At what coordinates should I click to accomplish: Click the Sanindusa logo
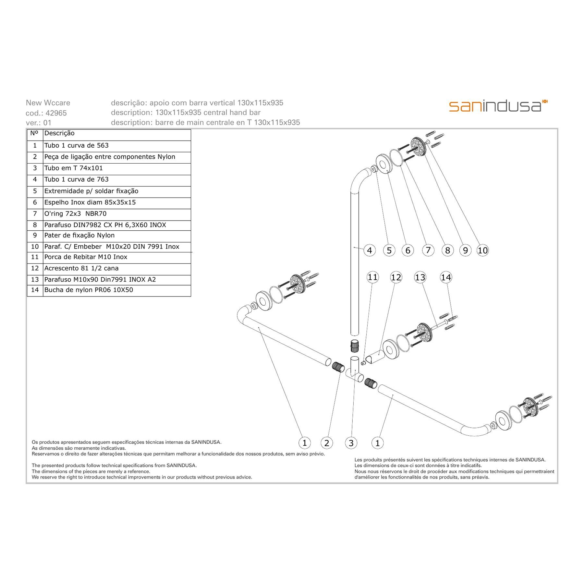point(498,106)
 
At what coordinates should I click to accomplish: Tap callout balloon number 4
point(370,250)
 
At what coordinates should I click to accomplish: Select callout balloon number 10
point(482,250)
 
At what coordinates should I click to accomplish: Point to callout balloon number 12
point(396,277)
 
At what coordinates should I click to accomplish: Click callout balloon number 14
point(446,277)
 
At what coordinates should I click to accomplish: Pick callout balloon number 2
point(327,443)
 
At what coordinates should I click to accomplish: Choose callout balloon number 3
point(351,443)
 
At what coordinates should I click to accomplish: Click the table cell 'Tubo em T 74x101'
point(117,168)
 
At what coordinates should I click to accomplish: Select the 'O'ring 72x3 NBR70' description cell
point(117,214)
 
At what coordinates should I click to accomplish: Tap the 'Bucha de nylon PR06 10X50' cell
point(117,290)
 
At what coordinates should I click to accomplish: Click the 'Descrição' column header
point(117,133)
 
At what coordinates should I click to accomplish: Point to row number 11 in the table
point(35,257)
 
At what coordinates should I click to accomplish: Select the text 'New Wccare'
point(48,103)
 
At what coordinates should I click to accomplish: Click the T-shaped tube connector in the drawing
point(355,370)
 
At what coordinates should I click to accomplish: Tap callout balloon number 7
point(428,250)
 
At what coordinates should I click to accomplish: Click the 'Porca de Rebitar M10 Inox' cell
point(117,257)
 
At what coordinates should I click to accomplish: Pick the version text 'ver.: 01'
point(39,123)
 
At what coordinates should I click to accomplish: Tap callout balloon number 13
point(420,277)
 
